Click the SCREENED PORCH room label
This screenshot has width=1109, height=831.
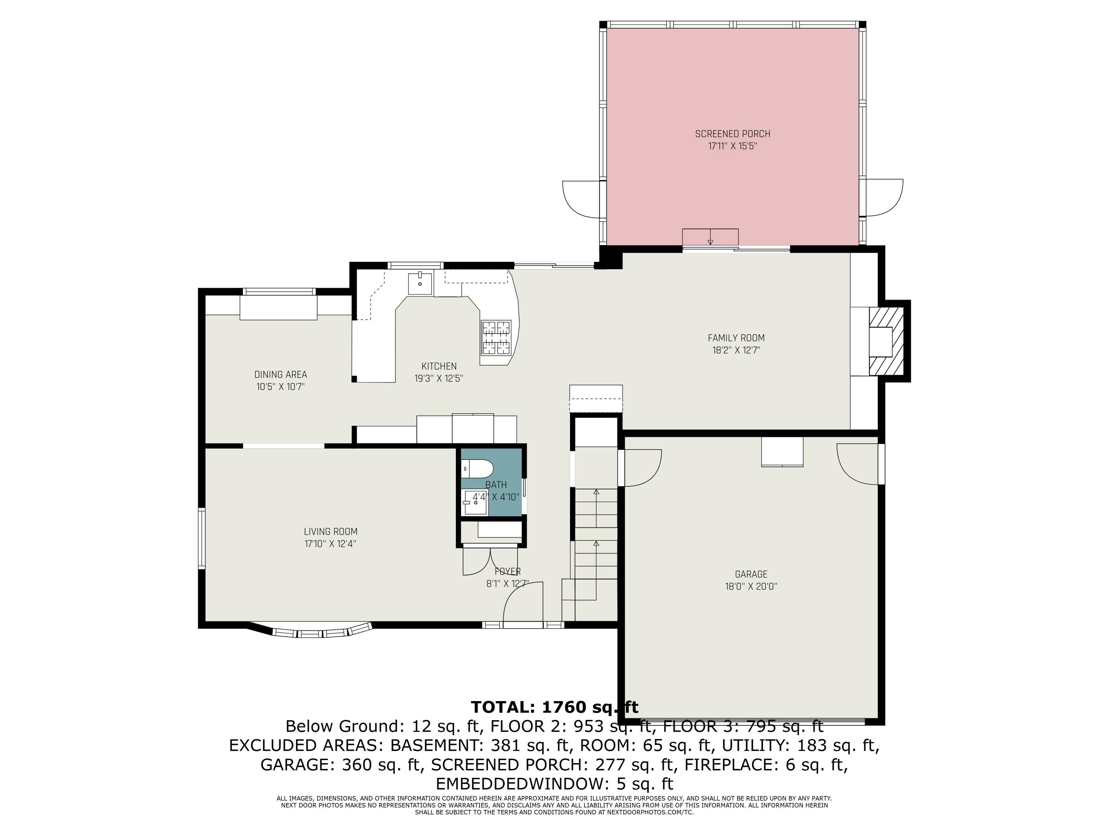click(x=732, y=134)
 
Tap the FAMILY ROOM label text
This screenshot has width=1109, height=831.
click(x=736, y=338)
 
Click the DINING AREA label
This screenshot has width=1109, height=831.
click(x=280, y=375)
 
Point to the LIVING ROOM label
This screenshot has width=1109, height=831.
click(x=330, y=531)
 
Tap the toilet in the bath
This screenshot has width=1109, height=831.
click(x=478, y=469)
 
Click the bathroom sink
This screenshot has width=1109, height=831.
click(x=474, y=502)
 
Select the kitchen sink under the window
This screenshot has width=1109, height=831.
click(x=420, y=284)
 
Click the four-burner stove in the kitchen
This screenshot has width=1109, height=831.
click(x=496, y=338)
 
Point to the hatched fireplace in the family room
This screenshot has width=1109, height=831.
click(x=885, y=342)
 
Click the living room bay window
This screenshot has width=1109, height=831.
click(x=311, y=633)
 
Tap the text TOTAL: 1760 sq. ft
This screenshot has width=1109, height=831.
click(x=554, y=707)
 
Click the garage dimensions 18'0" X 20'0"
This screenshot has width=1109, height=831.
click(x=751, y=587)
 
